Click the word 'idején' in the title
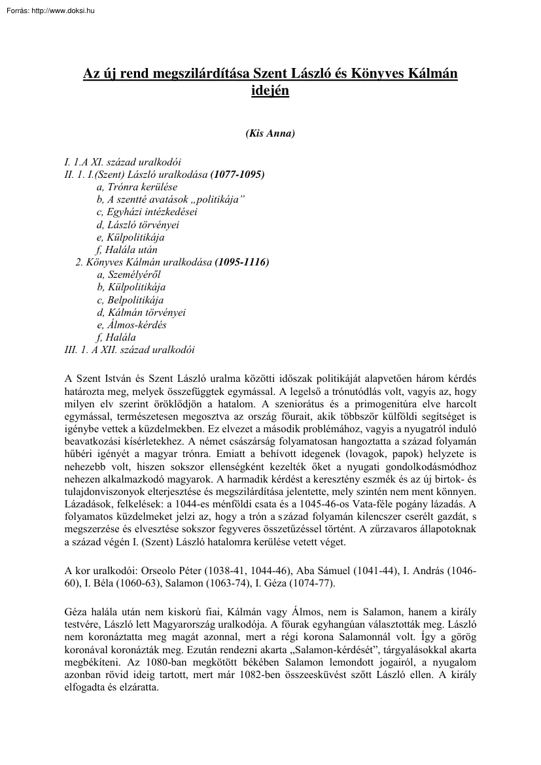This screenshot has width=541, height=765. [270, 91]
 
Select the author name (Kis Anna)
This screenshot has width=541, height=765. [270, 134]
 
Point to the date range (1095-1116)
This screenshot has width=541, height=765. [241, 262]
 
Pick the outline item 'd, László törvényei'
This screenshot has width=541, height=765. [137, 224]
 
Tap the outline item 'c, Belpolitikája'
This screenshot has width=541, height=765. [130, 299]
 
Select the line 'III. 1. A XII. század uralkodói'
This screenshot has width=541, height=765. [130, 350]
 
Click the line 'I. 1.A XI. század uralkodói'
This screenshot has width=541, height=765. [122, 161]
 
